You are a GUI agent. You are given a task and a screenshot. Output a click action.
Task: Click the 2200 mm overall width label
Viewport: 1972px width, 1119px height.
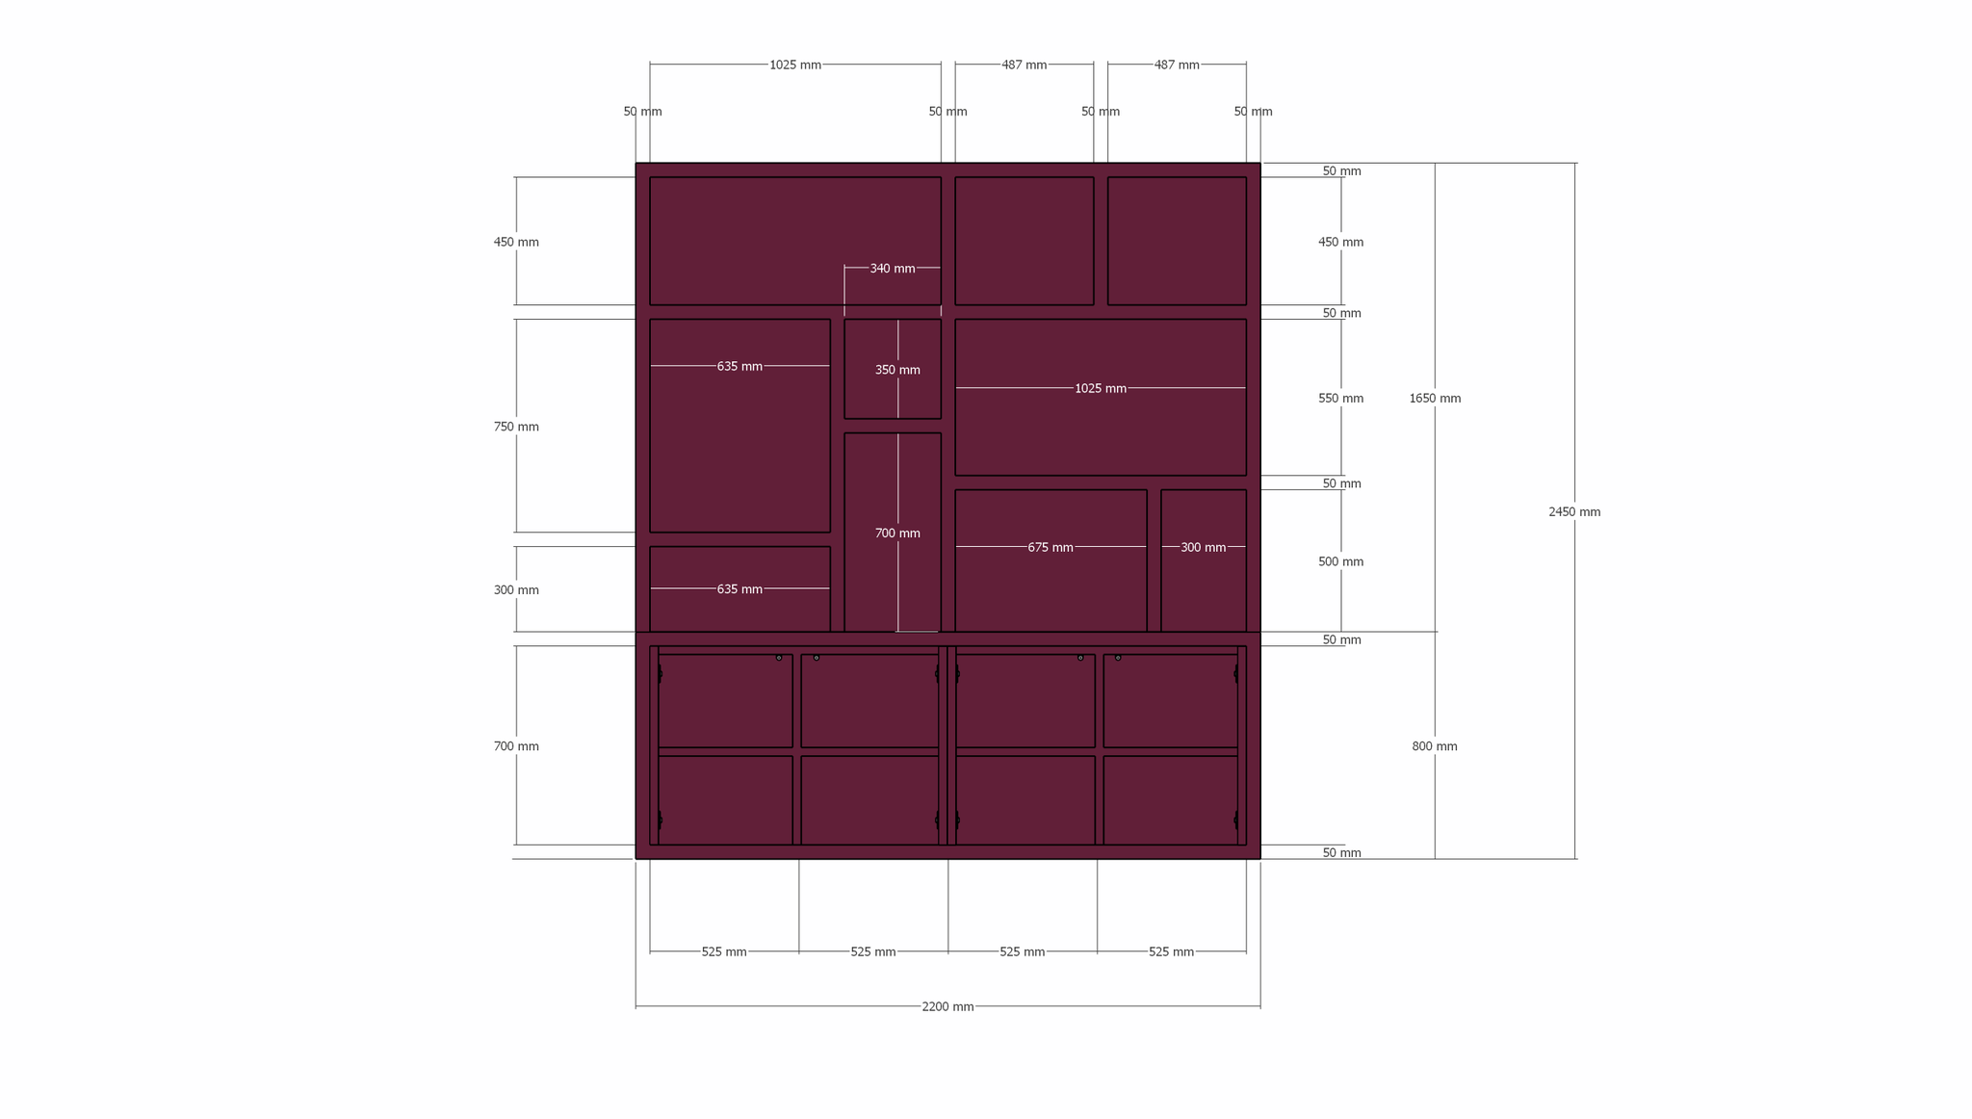pyautogui.click(x=947, y=1007)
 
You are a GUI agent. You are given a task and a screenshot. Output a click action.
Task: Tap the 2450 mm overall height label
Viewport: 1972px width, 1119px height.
pyautogui.click(x=1574, y=512)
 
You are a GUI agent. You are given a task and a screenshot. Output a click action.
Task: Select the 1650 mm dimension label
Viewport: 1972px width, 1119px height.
pyautogui.click(x=1435, y=399)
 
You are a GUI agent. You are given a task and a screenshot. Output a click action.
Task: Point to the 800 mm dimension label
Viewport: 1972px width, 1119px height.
pyautogui.click(x=1435, y=746)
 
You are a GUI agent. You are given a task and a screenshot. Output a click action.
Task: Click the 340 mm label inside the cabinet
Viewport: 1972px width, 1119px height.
pyautogui.click(x=893, y=269)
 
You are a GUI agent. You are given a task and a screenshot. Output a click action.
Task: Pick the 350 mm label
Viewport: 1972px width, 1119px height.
pyautogui.click(x=897, y=370)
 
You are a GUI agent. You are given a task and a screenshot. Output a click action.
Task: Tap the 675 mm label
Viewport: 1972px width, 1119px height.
pyautogui.click(x=1051, y=548)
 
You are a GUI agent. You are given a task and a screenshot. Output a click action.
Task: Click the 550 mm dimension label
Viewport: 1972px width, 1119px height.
pyautogui.click(x=1340, y=399)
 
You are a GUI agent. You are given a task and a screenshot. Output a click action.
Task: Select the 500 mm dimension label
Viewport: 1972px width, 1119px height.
pyautogui.click(x=1340, y=562)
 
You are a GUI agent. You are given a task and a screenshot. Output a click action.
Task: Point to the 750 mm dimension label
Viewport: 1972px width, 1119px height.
pyautogui.click(x=516, y=427)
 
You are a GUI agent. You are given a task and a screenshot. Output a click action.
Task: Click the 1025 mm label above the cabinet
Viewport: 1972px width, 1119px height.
pyautogui.click(x=795, y=65)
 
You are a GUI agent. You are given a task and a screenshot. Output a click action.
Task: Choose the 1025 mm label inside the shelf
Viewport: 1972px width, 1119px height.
pyautogui.click(x=1101, y=389)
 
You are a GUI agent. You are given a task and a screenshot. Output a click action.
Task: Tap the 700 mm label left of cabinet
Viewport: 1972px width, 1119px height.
pyautogui.click(x=516, y=746)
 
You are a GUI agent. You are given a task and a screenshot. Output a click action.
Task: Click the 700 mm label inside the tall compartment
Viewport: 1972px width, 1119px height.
pyautogui.click(x=897, y=533)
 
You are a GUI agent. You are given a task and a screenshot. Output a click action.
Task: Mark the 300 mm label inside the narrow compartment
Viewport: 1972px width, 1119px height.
pyautogui.click(x=1204, y=548)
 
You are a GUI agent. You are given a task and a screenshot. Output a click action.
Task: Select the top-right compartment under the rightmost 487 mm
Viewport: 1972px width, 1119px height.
pyautogui.click(x=1177, y=241)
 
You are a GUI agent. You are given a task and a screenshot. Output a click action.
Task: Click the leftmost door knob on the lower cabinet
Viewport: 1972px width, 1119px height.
pyautogui.click(x=779, y=658)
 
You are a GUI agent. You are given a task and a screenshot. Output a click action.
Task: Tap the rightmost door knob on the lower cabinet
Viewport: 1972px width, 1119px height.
pyautogui.click(x=1118, y=658)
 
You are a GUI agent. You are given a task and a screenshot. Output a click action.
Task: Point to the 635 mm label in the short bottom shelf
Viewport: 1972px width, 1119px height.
pyautogui.click(x=739, y=589)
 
